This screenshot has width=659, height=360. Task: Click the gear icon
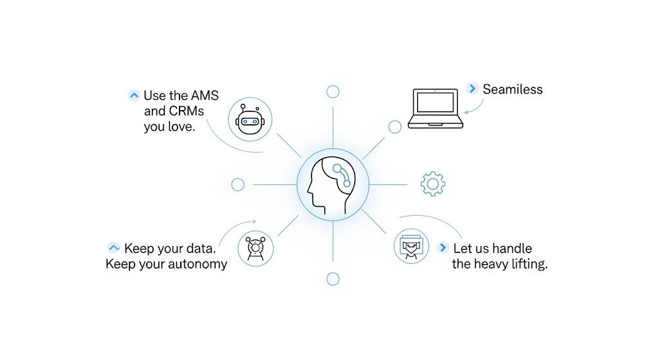(x=433, y=184)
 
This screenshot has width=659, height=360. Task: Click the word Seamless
(x=512, y=90)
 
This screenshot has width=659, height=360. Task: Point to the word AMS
(x=205, y=96)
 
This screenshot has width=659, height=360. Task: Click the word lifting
(x=528, y=264)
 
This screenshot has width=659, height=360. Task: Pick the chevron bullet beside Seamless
(x=473, y=89)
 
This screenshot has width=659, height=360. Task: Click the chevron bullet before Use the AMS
(x=134, y=96)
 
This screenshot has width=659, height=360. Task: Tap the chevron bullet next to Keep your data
(x=114, y=248)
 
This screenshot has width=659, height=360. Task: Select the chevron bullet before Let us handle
(x=443, y=248)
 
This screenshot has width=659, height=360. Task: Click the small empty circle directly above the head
(x=333, y=91)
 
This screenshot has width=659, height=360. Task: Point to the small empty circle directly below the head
(x=333, y=279)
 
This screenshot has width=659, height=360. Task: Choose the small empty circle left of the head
(x=237, y=185)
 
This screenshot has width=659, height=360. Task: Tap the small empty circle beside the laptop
(x=394, y=127)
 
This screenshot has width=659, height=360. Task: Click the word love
(x=180, y=126)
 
